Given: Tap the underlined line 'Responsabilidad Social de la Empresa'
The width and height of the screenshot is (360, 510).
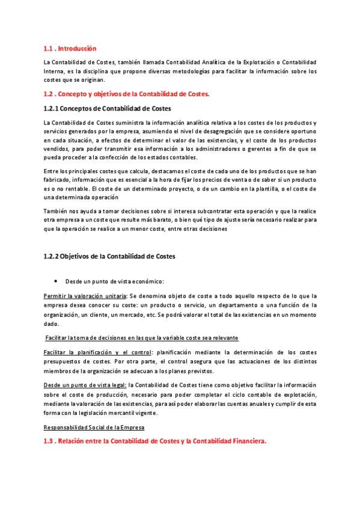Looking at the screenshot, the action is pyautogui.click(x=94, y=428).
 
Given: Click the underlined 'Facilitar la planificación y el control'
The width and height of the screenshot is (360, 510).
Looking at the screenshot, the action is pyautogui.click(x=98, y=351).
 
